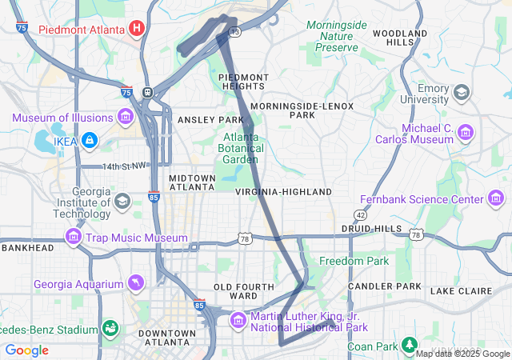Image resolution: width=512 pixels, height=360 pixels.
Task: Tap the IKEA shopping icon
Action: tap(88, 140)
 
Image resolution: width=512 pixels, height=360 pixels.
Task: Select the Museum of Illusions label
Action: tap(62, 118)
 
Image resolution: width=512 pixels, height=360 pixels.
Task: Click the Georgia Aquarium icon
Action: tap(137, 284)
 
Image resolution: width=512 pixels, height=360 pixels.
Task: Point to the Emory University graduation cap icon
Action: tap(462, 93)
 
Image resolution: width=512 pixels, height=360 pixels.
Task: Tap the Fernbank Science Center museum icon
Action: tap(496, 199)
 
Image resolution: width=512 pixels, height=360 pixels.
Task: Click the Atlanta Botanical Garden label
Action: tap(240, 147)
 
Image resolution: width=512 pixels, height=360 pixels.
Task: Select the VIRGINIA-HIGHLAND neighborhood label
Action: tap(283, 192)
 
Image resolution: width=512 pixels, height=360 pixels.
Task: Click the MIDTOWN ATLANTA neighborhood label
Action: tap(192, 182)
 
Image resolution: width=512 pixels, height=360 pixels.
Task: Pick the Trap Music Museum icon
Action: tap(74, 238)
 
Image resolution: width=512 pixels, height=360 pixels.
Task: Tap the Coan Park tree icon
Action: tap(410, 346)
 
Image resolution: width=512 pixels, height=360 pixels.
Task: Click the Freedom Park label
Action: tap(354, 261)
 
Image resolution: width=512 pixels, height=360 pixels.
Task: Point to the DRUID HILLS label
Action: tap(371, 229)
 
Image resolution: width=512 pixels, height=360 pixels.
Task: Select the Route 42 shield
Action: tap(361, 214)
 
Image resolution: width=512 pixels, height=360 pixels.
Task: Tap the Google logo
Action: tap(26, 350)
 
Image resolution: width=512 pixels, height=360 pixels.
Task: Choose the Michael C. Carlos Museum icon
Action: tap(465, 131)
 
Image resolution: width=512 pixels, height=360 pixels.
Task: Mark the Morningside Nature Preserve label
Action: tap(336, 37)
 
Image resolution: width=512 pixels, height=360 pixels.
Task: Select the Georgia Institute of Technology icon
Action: tap(122, 200)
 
